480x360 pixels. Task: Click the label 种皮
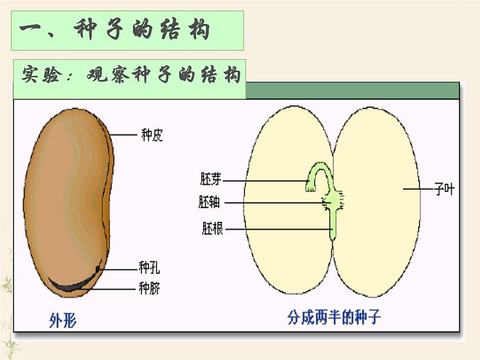(x=152, y=135)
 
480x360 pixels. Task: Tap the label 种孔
(x=149, y=267)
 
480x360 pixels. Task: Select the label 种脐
(x=149, y=288)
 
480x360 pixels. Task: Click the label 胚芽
(x=212, y=179)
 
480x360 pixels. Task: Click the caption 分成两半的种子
(x=334, y=317)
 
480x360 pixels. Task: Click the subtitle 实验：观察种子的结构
(x=131, y=76)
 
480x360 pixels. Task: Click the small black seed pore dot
(x=99, y=266)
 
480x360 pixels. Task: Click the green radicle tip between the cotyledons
(x=332, y=233)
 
